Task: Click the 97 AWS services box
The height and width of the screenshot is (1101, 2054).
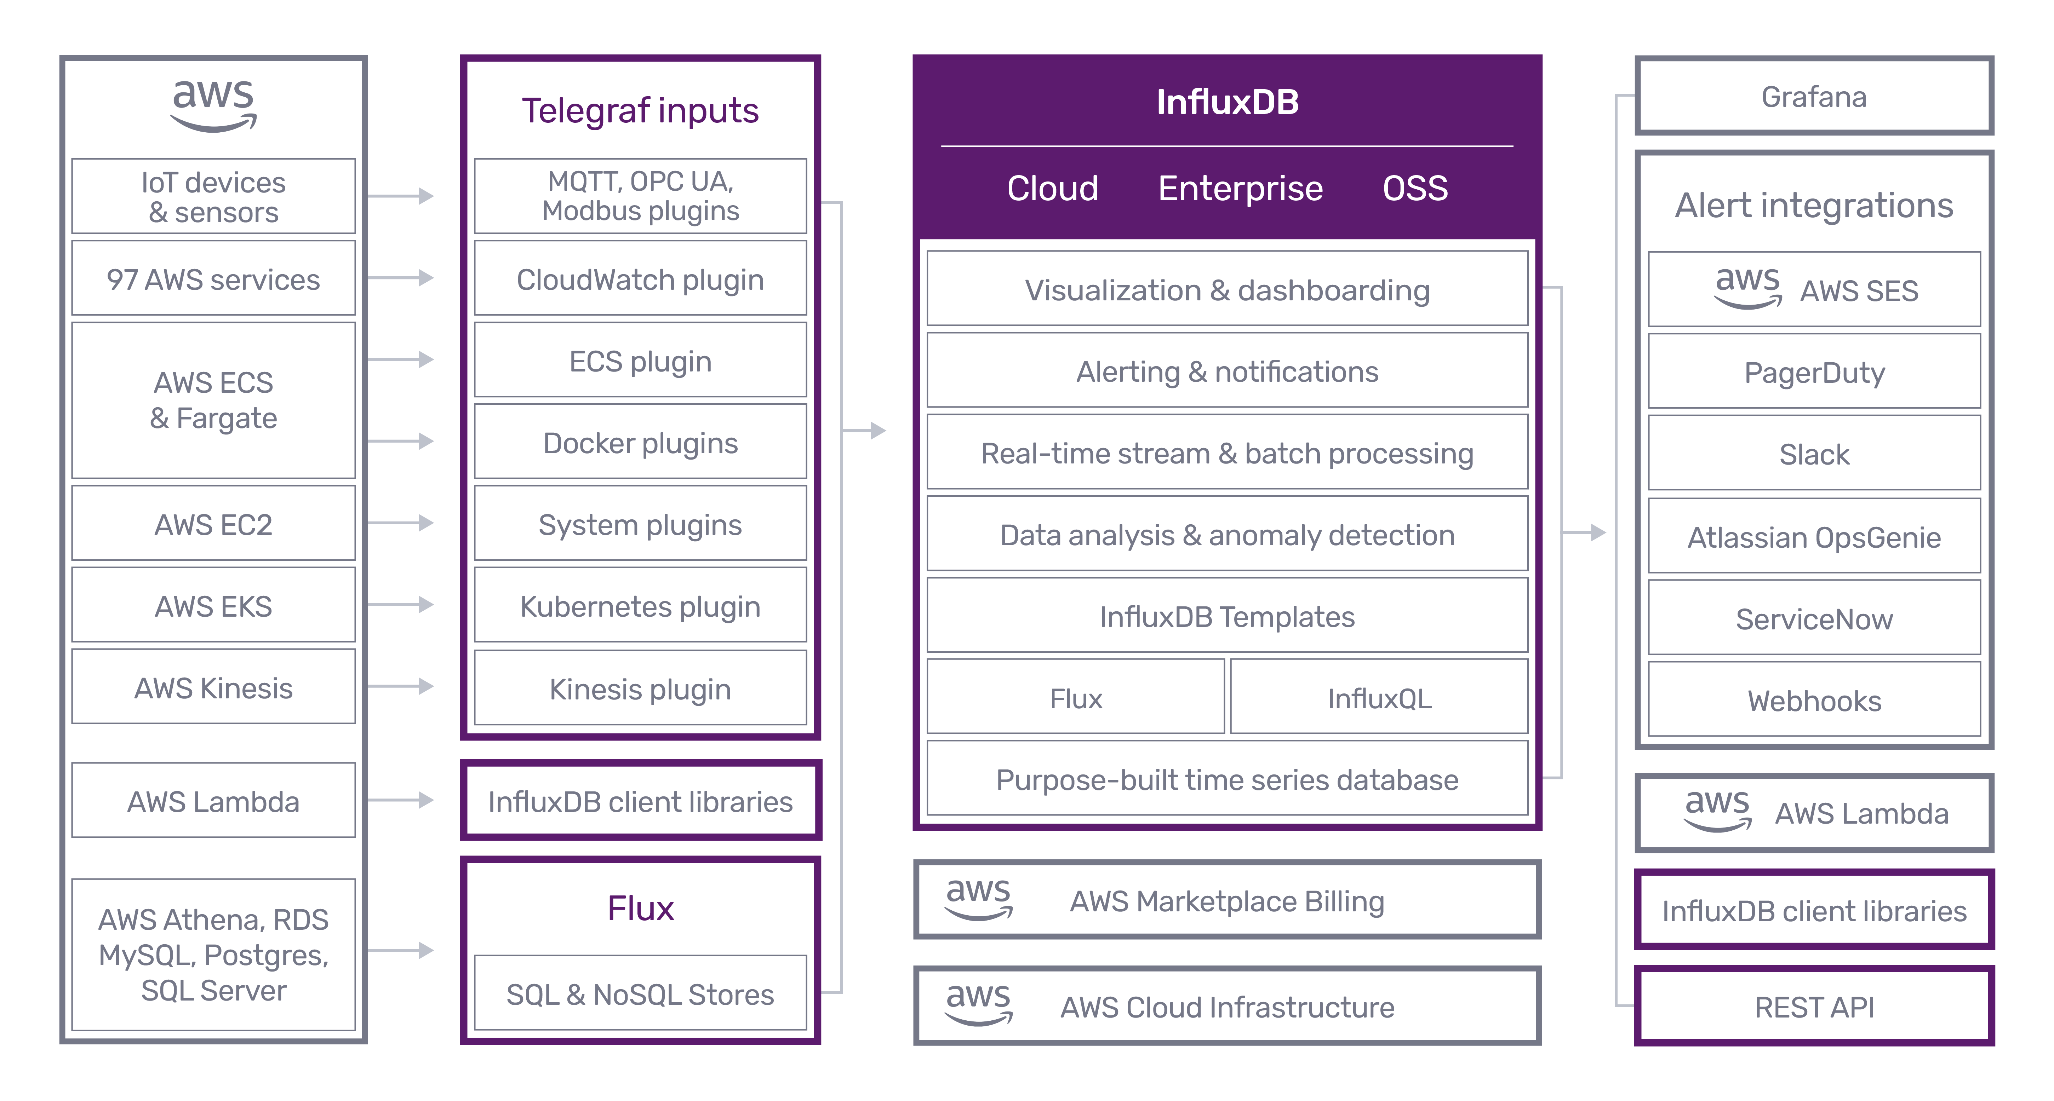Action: pos(213,279)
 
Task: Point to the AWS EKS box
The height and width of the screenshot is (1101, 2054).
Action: pos(213,606)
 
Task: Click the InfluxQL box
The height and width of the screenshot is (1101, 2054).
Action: pos(1379,698)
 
